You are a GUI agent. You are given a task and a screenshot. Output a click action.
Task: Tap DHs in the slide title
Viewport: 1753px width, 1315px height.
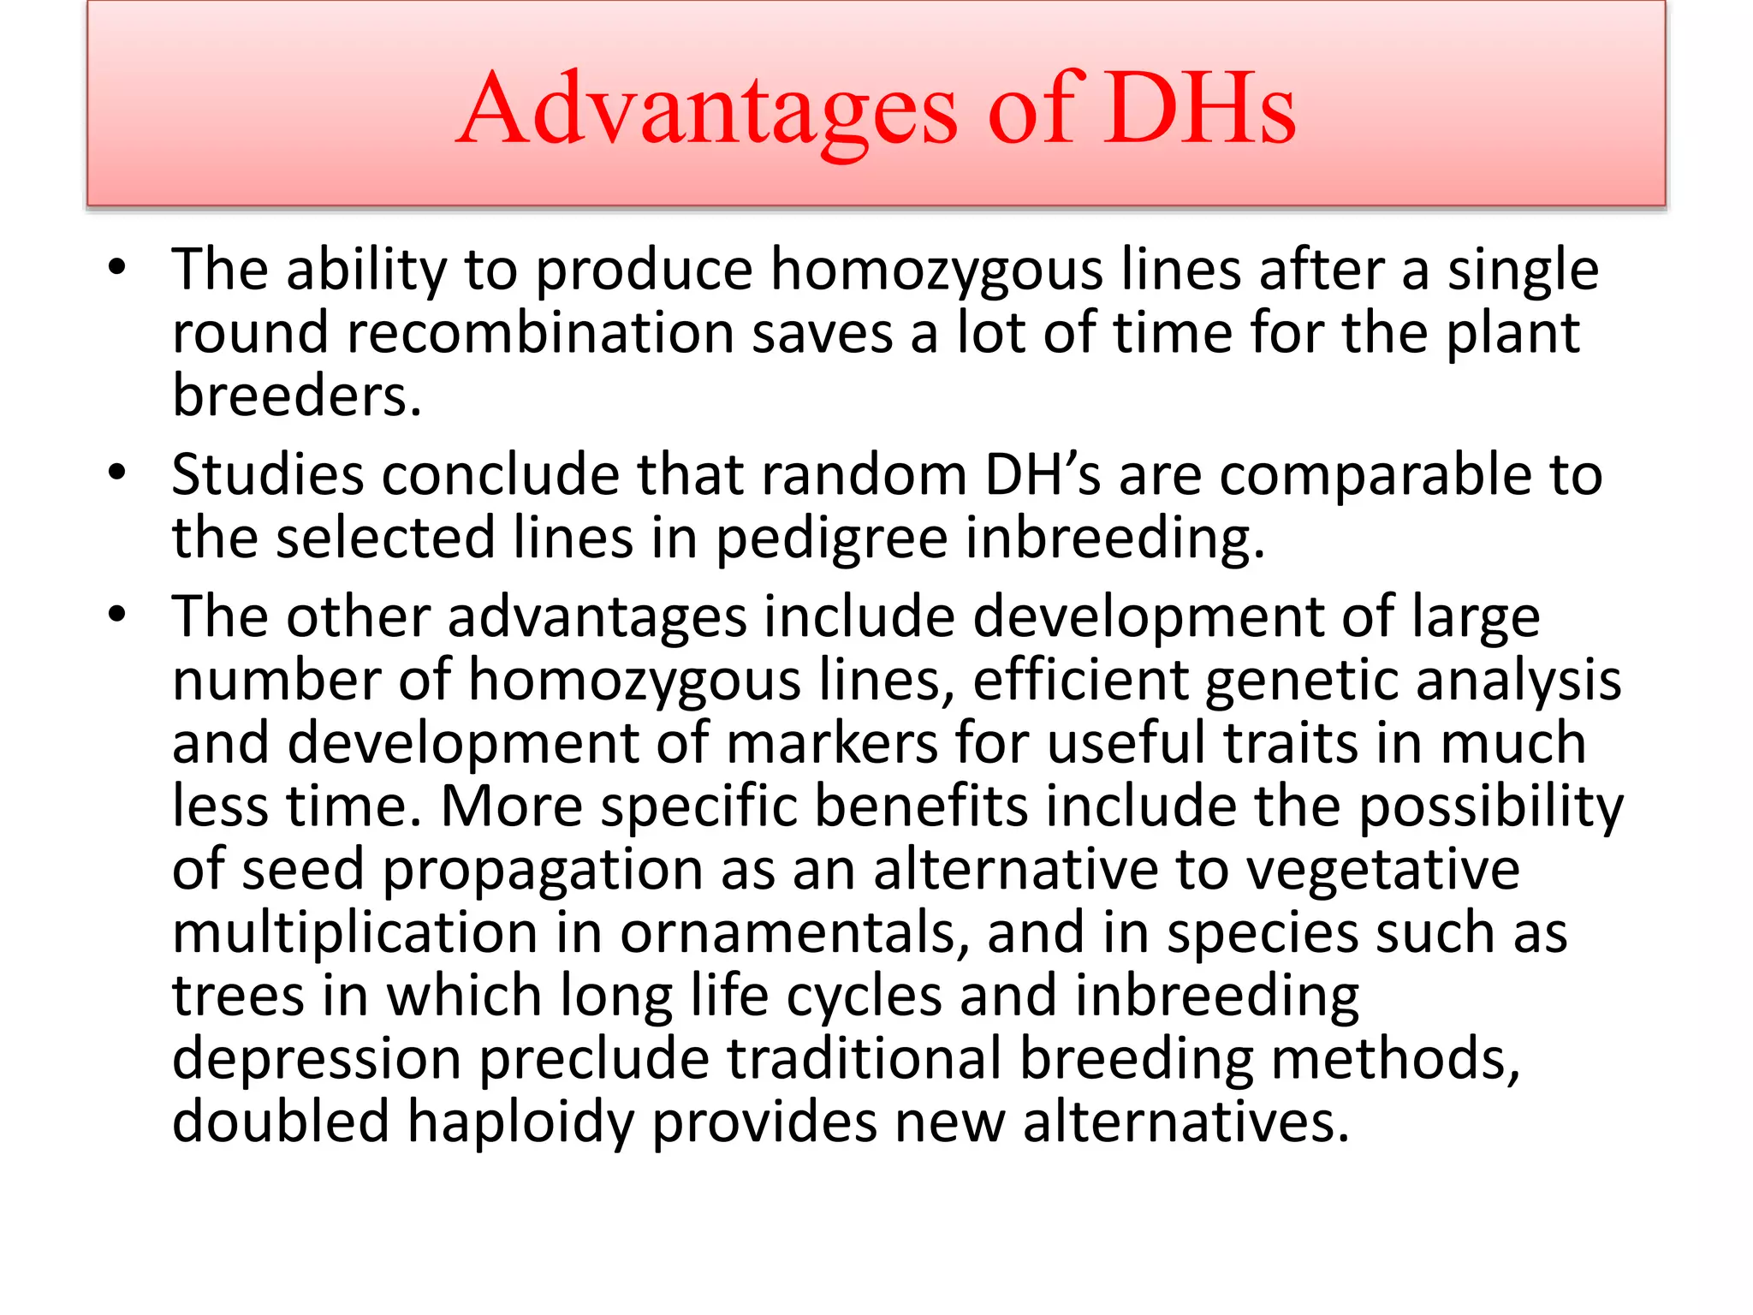1199,110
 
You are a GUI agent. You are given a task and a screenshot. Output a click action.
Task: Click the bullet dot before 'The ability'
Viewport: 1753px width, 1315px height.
117,267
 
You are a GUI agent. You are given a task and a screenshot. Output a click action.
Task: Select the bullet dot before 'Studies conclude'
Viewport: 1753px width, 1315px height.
117,472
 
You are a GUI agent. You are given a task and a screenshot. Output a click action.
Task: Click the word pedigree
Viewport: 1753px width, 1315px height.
831,539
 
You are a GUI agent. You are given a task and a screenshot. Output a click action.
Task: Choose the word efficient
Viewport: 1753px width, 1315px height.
1081,680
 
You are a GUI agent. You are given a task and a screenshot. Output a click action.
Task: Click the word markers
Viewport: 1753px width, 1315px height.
832,742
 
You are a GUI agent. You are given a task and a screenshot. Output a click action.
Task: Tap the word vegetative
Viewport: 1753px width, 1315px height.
1382,870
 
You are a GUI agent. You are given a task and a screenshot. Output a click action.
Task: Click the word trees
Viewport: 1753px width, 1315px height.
238,996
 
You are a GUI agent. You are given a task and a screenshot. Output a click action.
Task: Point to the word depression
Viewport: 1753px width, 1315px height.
317,1059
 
